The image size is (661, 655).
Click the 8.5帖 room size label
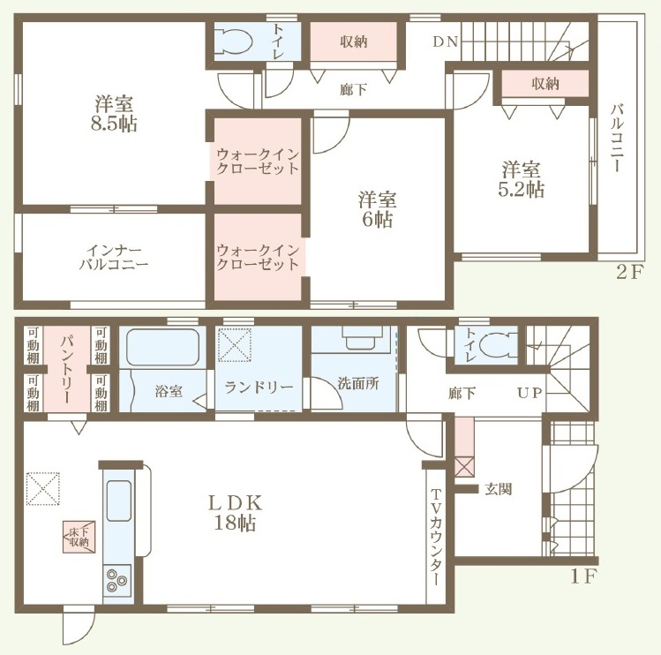tap(114, 124)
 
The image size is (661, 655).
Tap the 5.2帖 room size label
tap(522, 190)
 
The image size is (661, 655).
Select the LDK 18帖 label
tap(236, 513)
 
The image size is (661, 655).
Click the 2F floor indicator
tap(629, 273)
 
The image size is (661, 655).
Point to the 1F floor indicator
tap(583, 577)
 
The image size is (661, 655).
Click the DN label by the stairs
tap(446, 41)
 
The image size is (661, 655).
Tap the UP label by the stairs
tap(530, 393)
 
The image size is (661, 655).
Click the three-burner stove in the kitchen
tap(116, 580)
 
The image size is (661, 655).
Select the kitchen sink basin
tap(119, 501)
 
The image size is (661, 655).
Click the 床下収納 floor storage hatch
tap(79, 537)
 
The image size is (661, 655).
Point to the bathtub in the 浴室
tap(162, 347)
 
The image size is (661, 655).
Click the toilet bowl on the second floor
tap(233, 41)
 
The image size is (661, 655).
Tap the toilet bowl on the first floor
tap(500, 345)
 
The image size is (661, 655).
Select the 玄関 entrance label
tap(499, 489)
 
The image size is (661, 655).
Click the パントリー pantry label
tap(67, 369)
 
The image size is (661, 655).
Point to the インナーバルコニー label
tap(114, 257)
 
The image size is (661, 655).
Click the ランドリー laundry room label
tap(259, 387)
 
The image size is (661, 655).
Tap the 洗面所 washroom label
tap(358, 383)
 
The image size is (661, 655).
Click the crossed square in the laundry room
tap(235, 344)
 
